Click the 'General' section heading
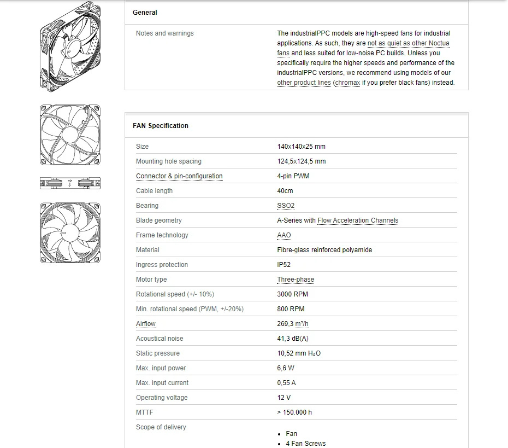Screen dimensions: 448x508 (x=145, y=13)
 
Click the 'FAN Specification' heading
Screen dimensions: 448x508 (x=161, y=126)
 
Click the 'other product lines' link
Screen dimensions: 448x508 (x=304, y=83)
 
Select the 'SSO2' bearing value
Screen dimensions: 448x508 (x=286, y=206)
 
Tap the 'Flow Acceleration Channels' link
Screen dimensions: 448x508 (x=358, y=220)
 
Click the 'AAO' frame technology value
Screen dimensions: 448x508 (x=284, y=235)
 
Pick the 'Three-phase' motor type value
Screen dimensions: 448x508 (x=296, y=280)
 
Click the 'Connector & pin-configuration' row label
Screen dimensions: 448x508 (x=179, y=176)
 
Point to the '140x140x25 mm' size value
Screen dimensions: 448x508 (x=302, y=147)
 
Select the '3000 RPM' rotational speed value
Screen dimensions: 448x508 (x=293, y=294)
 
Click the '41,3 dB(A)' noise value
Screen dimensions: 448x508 (x=293, y=339)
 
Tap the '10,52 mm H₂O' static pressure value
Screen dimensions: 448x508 (x=299, y=353)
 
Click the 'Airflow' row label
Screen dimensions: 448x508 (x=146, y=324)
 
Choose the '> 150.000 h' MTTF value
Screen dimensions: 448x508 (x=294, y=412)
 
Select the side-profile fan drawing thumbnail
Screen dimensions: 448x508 (x=70, y=183)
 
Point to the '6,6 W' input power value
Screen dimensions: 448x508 (x=286, y=368)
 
